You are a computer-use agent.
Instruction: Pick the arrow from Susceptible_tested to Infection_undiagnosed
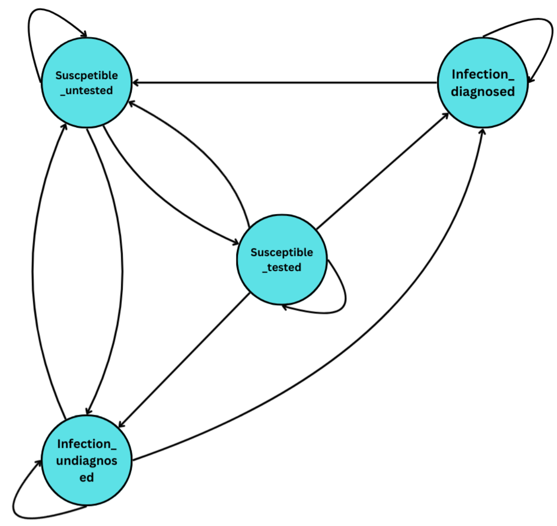click(186, 360)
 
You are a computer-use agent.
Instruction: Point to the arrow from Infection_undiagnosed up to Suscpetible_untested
click(33, 269)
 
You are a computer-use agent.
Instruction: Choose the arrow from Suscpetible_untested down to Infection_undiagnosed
click(122, 269)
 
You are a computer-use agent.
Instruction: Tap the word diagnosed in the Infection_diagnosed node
click(483, 91)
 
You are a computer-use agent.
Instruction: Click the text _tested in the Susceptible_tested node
click(282, 267)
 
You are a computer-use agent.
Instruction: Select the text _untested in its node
click(87, 91)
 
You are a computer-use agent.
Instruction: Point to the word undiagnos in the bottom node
click(87, 461)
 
